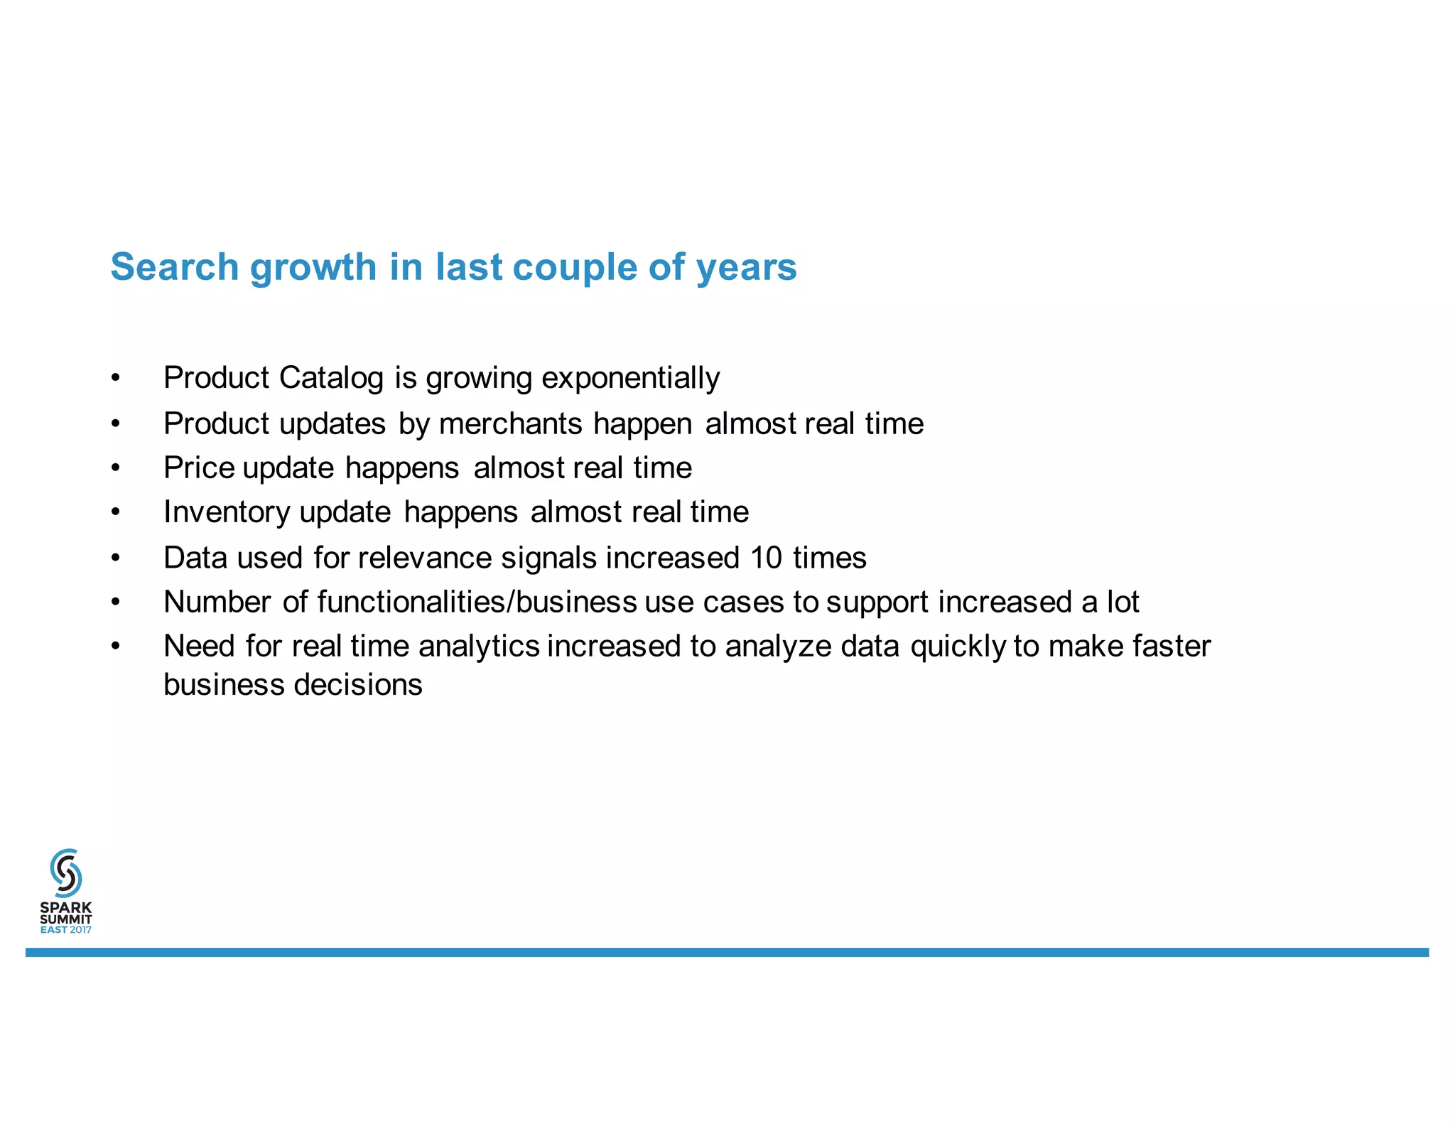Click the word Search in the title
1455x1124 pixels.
click(x=175, y=267)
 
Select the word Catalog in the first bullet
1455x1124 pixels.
click(x=332, y=378)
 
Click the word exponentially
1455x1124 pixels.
click(x=630, y=378)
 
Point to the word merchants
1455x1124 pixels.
click(x=511, y=424)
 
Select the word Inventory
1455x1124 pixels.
click(x=227, y=512)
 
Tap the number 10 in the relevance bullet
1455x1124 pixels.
click(x=766, y=558)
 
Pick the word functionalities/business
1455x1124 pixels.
click(x=477, y=602)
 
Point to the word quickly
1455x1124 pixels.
click(x=958, y=647)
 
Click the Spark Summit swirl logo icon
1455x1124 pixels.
click(x=66, y=872)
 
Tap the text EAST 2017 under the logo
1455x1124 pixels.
click(x=66, y=930)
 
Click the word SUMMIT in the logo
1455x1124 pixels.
click(x=66, y=919)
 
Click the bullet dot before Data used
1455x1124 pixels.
click(x=116, y=558)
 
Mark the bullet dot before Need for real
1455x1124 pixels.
click(x=116, y=647)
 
